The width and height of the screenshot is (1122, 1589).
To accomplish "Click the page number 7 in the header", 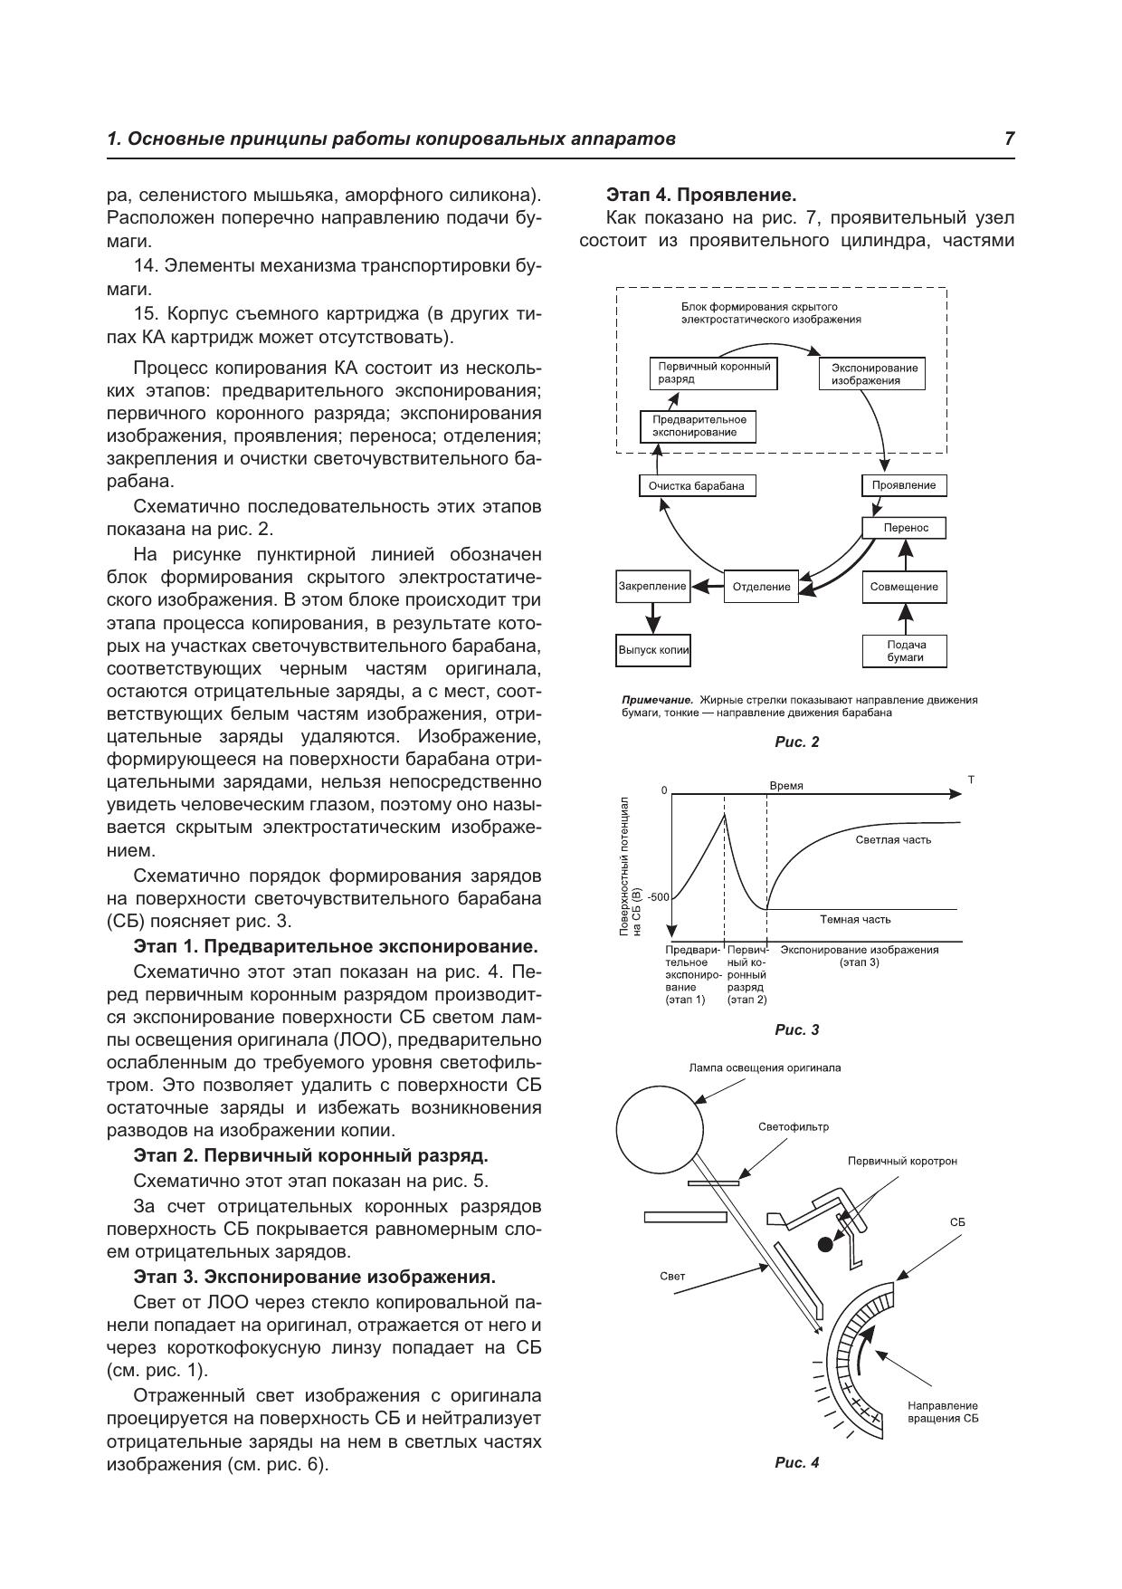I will [x=1009, y=139].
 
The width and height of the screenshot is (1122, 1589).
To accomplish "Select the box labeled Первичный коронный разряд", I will [x=714, y=373].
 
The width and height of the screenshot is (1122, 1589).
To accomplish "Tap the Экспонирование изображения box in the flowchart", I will [x=874, y=374].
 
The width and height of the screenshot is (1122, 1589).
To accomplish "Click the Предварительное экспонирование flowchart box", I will [x=698, y=426].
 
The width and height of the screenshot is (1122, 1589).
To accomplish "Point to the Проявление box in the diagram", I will [x=903, y=485].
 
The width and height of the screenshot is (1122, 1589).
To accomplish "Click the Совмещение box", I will [x=904, y=587].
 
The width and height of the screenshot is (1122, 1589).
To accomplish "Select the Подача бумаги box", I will [x=905, y=651].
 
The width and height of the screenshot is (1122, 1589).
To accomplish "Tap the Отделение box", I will [x=761, y=587].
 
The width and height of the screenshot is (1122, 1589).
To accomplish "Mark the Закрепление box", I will [x=652, y=586].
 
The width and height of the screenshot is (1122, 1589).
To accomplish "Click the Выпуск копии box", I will [x=653, y=650].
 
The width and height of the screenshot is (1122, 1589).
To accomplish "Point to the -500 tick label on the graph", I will [x=658, y=897].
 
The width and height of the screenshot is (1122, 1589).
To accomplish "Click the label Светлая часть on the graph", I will [x=892, y=839].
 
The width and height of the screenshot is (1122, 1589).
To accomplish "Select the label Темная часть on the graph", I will [x=855, y=919].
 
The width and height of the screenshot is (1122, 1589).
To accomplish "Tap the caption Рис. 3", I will [x=796, y=1029].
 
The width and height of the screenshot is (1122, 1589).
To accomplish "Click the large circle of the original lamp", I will [x=660, y=1128].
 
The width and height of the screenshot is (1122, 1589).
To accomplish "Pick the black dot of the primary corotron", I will [x=825, y=1244].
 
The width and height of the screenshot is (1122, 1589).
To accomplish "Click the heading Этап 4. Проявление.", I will [x=700, y=195].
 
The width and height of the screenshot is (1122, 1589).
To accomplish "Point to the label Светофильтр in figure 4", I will [x=793, y=1127].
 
